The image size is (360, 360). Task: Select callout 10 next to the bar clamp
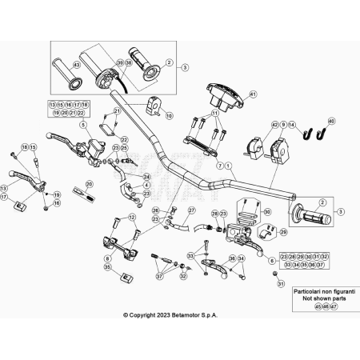coord(168,115)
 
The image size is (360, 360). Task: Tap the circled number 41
coord(252,95)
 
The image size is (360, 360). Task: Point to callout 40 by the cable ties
coord(332,121)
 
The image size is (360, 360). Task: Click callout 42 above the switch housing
coord(274,126)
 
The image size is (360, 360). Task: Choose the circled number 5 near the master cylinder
coord(82,126)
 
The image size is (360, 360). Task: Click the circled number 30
coord(267,211)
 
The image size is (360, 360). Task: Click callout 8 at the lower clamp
coord(107,259)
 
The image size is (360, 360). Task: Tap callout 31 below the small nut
coord(280,283)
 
